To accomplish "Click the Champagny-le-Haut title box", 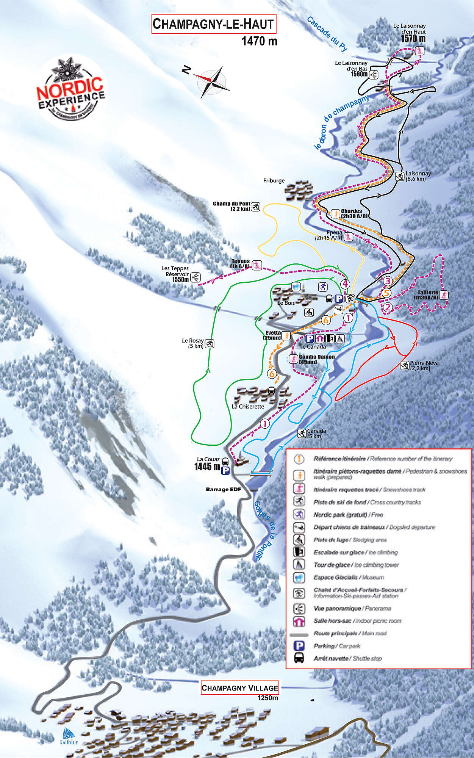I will point(213,24).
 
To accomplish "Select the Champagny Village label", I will point(239,688).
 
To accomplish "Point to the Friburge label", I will point(274,181).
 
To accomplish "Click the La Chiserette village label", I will point(248,407).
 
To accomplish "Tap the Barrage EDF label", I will point(223,489).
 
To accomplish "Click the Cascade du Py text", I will point(327,33).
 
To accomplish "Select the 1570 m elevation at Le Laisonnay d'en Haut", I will point(413,39).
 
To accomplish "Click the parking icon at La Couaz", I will point(225,471).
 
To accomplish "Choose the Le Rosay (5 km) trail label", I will point(193,343).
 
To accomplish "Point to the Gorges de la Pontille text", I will point(263,531).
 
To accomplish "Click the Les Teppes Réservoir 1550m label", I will point(175,274).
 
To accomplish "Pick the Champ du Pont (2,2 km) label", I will point(232,206).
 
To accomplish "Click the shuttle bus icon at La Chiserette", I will point(272,390).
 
